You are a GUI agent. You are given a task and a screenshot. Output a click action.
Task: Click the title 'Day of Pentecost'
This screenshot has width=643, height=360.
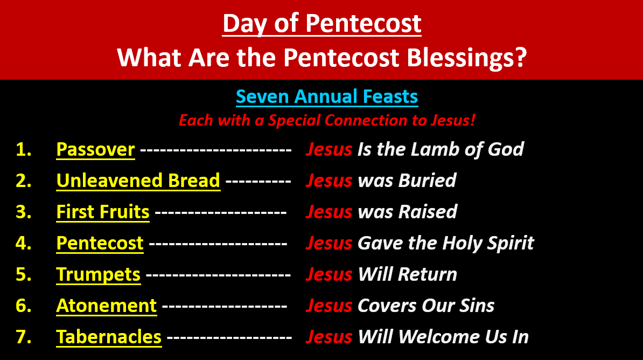[321, 23]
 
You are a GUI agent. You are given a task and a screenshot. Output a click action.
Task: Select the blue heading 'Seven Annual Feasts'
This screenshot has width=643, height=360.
[327, 97]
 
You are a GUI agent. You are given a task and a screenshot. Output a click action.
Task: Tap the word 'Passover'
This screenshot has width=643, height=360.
[95, 149]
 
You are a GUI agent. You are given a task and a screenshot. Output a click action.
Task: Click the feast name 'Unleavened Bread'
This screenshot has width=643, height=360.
[138, 181]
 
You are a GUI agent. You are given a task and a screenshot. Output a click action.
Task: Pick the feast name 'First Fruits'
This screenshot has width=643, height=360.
[103, 212]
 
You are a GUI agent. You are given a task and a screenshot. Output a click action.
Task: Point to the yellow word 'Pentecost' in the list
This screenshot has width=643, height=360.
[100, 243]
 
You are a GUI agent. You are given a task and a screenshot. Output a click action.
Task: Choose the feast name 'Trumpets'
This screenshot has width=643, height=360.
[99, 275]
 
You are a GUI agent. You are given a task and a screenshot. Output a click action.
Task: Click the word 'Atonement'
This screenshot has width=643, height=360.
[107, 306]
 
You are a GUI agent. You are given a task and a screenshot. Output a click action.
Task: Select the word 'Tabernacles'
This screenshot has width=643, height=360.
[109, 337]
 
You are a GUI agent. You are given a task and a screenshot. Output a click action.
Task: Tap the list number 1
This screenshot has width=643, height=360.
[23, 149]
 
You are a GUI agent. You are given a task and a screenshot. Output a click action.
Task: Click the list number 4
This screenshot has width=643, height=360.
[23, 243]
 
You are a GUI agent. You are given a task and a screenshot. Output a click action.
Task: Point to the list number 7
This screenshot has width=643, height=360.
[23, 337]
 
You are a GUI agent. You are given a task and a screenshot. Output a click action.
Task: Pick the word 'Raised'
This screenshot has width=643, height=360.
[428, 212]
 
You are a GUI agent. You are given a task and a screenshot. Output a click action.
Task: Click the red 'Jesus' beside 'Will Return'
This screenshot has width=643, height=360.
[329, 275]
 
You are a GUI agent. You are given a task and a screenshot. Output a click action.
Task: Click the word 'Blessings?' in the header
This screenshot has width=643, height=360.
[467, 58]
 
